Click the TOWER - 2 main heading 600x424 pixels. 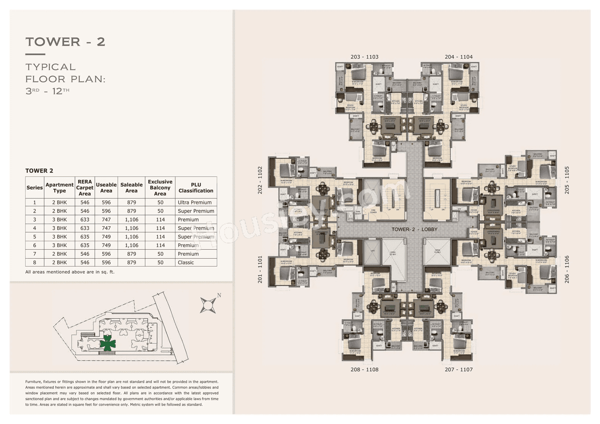coord(65,42)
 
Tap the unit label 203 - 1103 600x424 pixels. coord(364,57)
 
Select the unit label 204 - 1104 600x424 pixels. coord(458,57)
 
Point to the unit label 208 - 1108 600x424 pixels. coord(364,369)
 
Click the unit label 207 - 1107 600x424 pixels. coord(458,369)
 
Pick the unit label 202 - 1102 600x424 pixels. coord(260,180)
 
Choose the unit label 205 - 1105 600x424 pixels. coord(567,180)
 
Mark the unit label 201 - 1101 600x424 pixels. coord(260,269)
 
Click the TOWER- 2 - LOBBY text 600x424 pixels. coord(414,230)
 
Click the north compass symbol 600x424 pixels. coord(208,305)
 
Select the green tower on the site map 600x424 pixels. coord(108,343)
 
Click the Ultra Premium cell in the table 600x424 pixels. coord(195,202)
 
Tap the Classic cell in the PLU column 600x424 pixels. coord(186,262)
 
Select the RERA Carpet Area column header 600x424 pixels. coord(85,188)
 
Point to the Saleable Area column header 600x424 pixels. coord(131,188)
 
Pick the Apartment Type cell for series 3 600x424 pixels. coord(60,220)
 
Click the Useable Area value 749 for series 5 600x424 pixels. coord(106,237)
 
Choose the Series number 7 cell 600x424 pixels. coord(35,254)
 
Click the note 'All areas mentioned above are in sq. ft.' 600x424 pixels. coord(70,272)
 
